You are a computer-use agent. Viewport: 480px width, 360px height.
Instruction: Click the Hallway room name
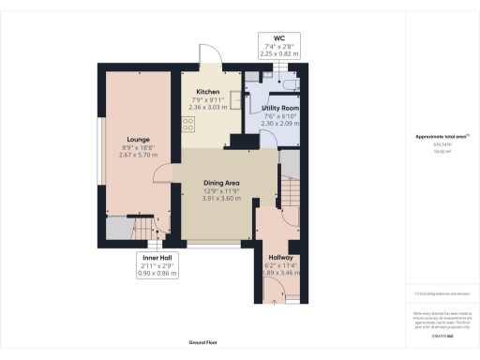click(281, 256)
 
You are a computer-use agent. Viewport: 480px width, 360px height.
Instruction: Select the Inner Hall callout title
click(156, 256)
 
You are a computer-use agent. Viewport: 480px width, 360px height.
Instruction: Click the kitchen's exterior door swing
click(214, 58)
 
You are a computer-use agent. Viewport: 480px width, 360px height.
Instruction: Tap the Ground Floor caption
click(203, 343)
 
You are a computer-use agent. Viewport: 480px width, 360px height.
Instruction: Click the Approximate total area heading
click(441, 137)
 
